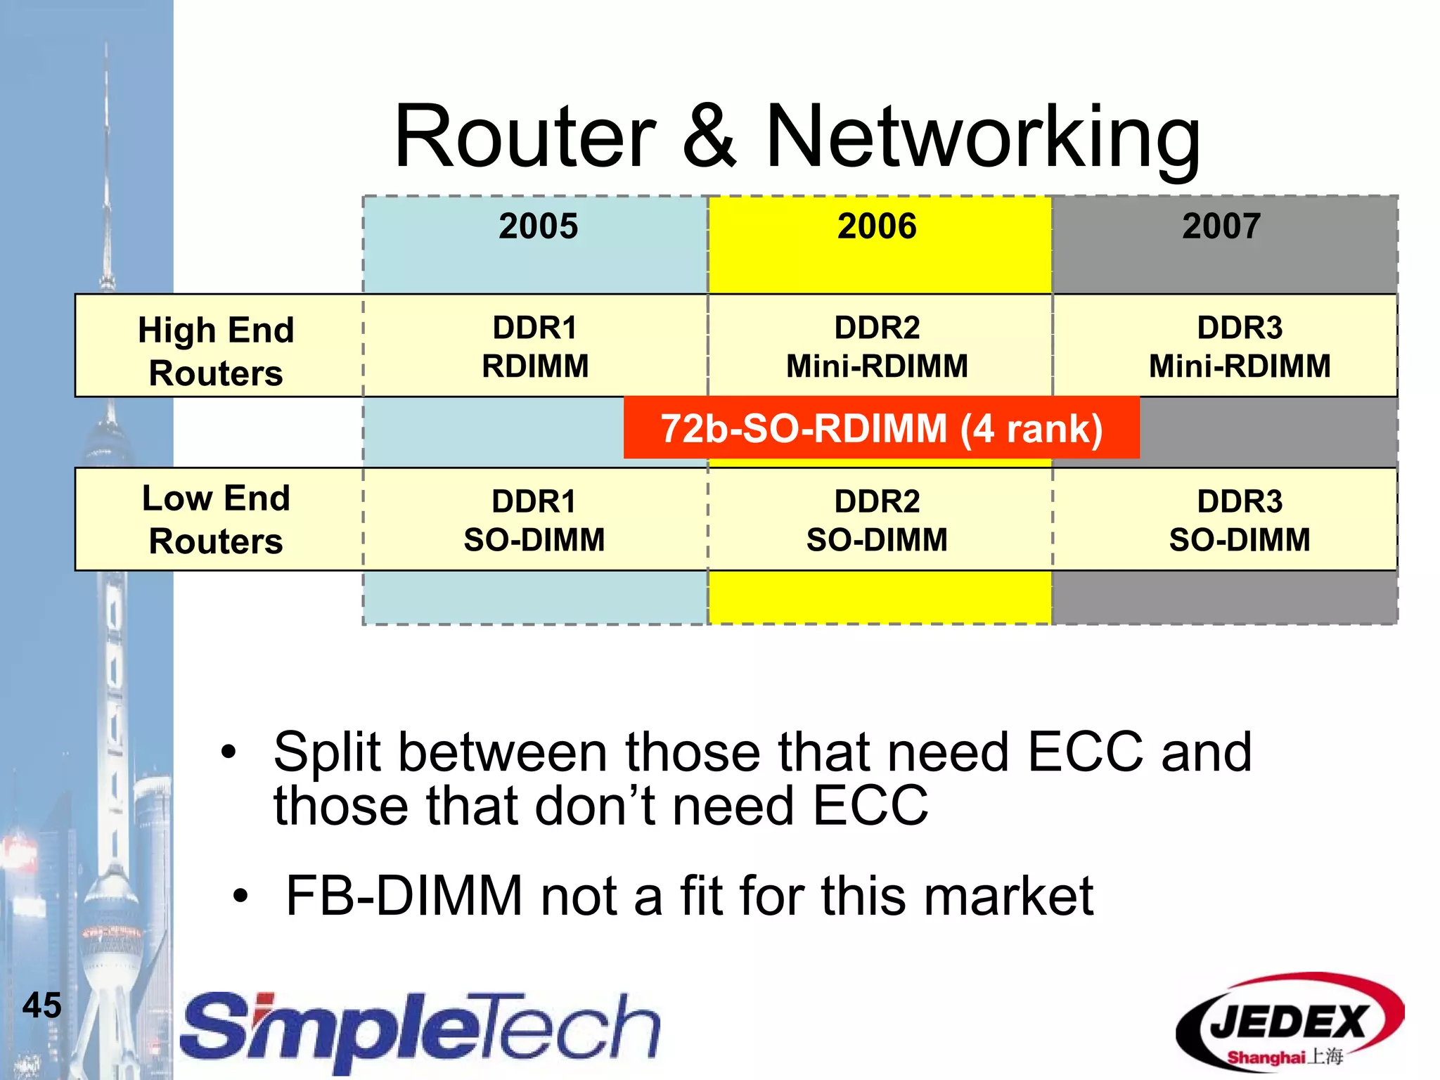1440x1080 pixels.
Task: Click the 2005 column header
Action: coord(538,226)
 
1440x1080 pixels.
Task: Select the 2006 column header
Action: coord(877,226)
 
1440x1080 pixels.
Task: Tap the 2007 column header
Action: coord(1221,226)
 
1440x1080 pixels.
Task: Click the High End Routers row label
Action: coord(216,350)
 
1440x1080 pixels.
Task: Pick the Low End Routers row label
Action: coord(216,519)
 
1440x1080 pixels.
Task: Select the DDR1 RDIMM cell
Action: coord(535,347)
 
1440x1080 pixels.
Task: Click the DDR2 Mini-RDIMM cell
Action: coord(877,347)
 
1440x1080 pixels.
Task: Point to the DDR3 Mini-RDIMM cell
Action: coord(1240,347)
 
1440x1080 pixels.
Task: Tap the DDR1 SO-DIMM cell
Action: coord(534,520)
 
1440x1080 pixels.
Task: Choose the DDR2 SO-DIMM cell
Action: coord(877,520)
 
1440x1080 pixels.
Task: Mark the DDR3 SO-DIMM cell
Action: coord(1240,520)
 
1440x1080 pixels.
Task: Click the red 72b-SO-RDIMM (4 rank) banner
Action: coord(881,428)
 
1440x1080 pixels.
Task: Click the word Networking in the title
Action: coord(982,136)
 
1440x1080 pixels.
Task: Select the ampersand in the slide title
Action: coord(709,136)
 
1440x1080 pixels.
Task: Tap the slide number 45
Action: coord(42,1005)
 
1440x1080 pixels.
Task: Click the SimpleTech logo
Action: coord(420,1031)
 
